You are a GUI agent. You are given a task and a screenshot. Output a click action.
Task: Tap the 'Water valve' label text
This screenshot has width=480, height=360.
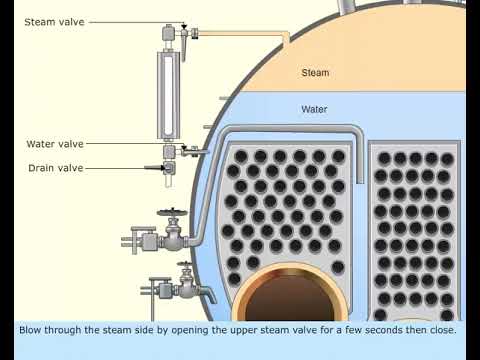coord(54,144)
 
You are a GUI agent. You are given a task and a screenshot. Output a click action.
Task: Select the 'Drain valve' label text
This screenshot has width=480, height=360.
coord(55,168)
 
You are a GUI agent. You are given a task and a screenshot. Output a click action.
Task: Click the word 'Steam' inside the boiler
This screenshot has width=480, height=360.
coord(315,73)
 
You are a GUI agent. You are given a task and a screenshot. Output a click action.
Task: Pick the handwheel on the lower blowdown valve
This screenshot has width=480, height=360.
coord(185,267)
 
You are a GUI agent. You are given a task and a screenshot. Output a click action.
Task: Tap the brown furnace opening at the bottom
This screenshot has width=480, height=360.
coord(290,300)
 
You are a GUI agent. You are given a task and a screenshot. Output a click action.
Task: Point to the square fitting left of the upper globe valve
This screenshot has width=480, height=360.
coord(147,241)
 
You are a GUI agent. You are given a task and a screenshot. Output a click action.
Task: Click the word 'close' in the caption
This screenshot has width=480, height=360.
coord(442,329)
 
